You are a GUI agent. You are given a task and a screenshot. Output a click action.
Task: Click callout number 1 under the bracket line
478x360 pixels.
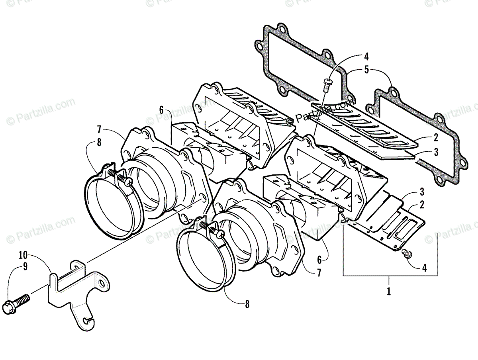(x=389, y=291)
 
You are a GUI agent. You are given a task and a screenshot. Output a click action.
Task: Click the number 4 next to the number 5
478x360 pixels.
(x=366, y=57)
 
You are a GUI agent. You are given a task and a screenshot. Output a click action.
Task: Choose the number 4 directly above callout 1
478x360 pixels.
(x=424, y=268)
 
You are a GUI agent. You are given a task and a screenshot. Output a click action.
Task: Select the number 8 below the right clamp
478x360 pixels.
(x=247, y=305)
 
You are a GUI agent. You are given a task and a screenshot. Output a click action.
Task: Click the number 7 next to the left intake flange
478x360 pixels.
(x=99, y=129)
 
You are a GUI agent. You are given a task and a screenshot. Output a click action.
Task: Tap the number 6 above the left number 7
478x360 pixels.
(x=161, y=110)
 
